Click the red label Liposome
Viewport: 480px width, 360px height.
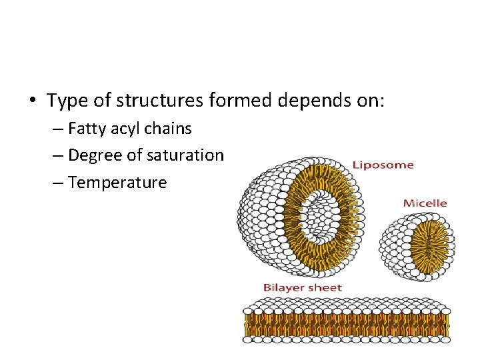point(383,165)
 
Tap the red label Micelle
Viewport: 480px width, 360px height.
point(425,203)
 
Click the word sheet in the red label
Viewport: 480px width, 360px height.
point(325,288)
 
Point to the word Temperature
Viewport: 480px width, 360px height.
point(117,182)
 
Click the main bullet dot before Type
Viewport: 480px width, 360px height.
point(32,101)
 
